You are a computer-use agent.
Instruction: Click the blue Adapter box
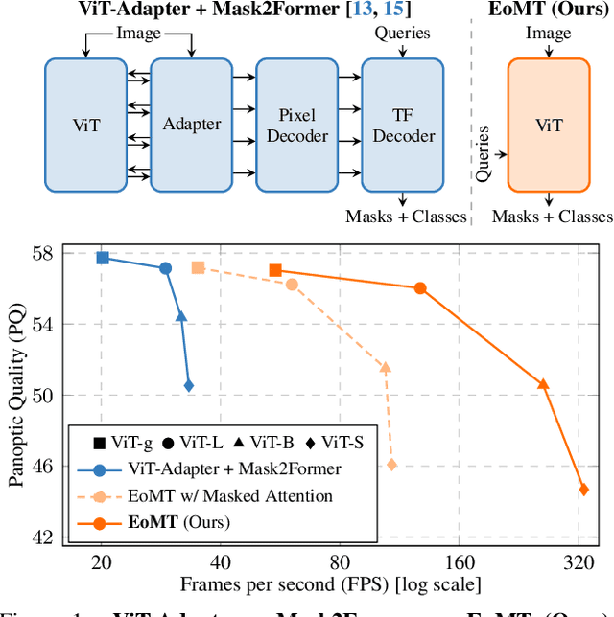click(192, 125)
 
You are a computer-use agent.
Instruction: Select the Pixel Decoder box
click(297, 125)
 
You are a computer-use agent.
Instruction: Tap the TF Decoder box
click(403, 125)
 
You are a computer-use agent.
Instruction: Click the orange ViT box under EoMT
click(548, 125)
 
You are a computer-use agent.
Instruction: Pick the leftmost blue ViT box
click(86, 125)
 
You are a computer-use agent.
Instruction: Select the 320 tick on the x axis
click(579, 562)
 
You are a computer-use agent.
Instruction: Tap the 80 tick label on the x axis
click(340, 562)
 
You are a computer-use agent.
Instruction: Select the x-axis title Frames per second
click(330, 583)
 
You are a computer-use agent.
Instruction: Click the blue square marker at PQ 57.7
click(103, 258)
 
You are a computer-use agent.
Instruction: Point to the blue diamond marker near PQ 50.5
click(189, 385)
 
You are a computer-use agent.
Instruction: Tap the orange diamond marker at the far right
click(583, 490)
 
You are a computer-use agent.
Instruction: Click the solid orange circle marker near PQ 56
click(420, 288)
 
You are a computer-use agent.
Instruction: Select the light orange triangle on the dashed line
click(386, 368)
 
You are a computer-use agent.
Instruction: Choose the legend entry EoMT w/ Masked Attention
click(230, 496)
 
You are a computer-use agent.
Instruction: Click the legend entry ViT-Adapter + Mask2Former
click(235, 469)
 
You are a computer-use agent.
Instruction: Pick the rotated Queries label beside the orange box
click(484, 153)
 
